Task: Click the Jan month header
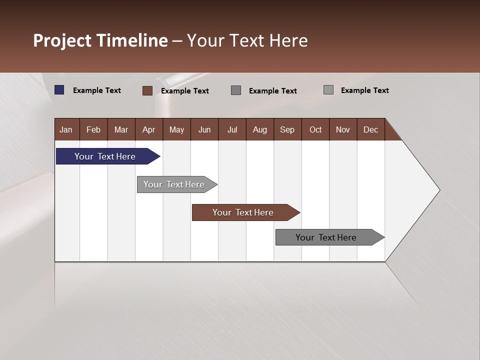(66, 129)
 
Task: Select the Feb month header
(93, 129)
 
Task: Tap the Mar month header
(121, 129)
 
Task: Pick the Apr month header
(149, 129)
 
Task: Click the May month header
(176, 129)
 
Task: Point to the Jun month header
(204, 129)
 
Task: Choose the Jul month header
(232, 129)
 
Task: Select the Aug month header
(260, 129)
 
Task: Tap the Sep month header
(287, 129)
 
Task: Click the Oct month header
(315, 129)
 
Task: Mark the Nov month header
(343, 129)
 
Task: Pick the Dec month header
(371, 129)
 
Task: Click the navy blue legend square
(59, 90)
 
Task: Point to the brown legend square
(147, 90)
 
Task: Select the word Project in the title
(63, 40)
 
